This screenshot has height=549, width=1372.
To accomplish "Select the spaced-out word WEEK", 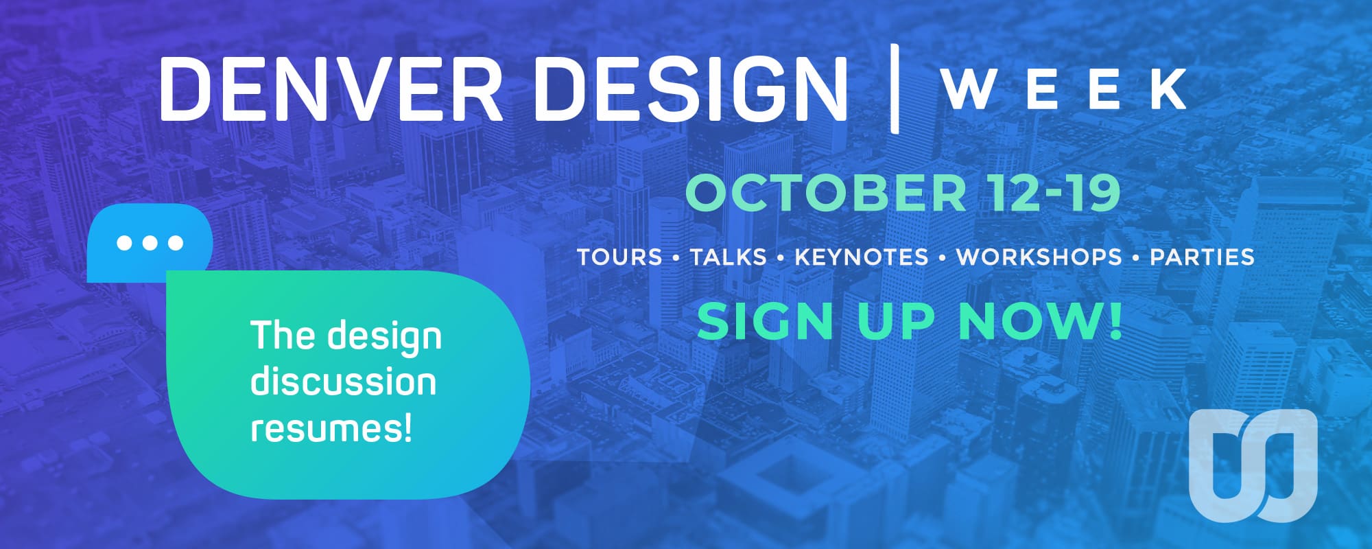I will coord(1064,89).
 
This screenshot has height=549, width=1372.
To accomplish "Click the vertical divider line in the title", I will coord(894,87).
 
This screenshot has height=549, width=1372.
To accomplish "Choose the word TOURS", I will coord(619,257).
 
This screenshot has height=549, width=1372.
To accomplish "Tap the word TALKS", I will coord(728,257).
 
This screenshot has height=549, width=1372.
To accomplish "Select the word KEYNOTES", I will coord(862,257).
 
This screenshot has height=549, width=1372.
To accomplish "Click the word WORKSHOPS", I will coord(1039,257).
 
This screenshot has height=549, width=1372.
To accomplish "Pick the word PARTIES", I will coord(1203,257).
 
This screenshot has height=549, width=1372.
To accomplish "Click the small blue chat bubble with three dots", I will coord(150,242).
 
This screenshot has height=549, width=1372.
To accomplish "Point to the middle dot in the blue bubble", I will coord(150,243).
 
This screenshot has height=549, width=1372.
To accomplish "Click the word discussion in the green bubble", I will coord(343,382).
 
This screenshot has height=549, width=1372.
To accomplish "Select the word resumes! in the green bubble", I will coord(332,429).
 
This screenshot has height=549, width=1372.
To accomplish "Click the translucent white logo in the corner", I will coord(1253,465).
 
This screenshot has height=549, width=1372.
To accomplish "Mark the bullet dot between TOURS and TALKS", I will coord(676,258).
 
